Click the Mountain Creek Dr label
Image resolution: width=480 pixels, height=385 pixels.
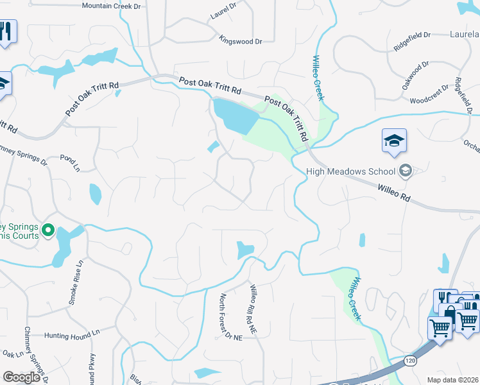click(111, 6)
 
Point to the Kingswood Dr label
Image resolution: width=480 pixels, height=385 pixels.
click(241, 41)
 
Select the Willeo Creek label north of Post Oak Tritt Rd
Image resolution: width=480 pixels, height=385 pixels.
click(317, 78)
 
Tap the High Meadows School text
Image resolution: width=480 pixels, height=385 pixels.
click(350, 171)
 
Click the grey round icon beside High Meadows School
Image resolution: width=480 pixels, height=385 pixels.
click(405, 171)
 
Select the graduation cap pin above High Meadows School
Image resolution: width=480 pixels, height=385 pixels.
click(394, 142)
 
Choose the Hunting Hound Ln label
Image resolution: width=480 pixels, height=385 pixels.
click(73, 334)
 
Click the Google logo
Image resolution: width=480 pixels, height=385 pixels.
click(21, 377)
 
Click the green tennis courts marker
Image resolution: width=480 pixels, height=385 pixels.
click(47, 229)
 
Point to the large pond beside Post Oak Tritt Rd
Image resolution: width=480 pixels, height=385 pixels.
click(236, 116)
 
